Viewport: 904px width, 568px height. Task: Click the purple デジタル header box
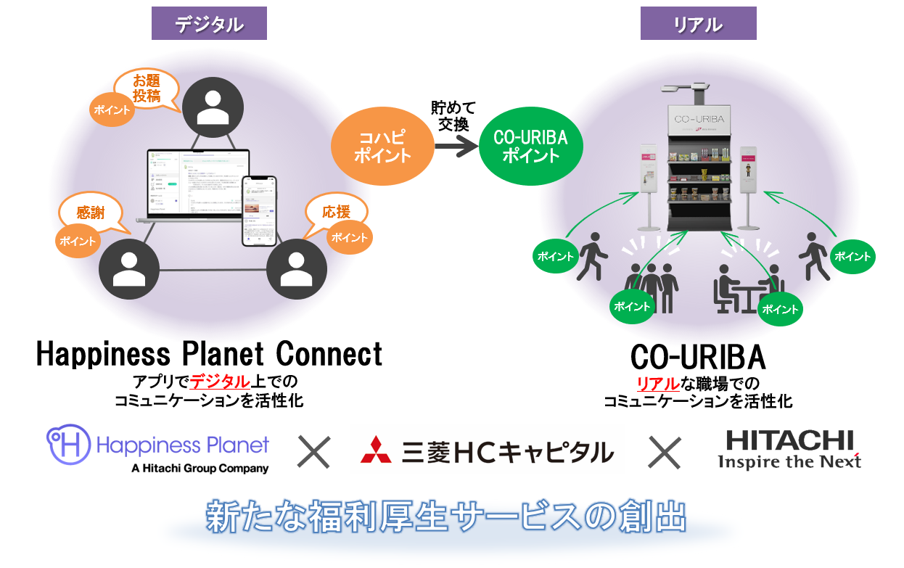[209, 25]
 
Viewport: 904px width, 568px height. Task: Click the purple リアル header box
[698, 25]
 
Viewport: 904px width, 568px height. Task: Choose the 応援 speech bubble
[336, 213]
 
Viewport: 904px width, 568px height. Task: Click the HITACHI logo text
[789, 440]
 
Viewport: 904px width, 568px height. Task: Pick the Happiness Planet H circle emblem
[68, 445]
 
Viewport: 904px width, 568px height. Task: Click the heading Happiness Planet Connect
[209, 355]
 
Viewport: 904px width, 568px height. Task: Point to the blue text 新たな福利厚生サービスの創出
[445, 517]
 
